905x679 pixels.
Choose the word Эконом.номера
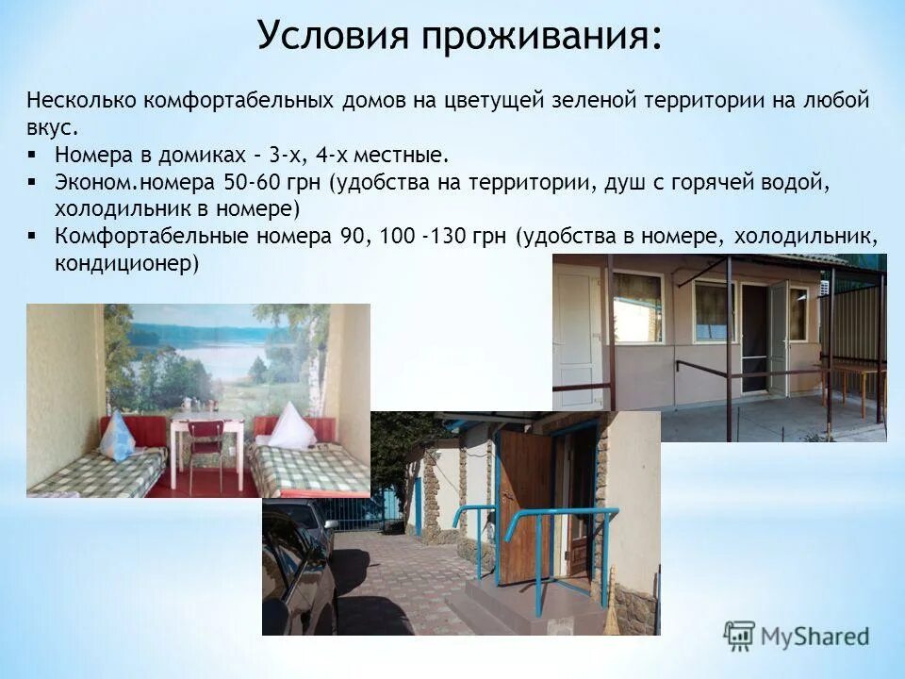[x=134, y=181]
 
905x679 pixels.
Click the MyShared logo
[x=797, y=636]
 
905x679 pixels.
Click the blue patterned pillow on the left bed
[x=117, y=437]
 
